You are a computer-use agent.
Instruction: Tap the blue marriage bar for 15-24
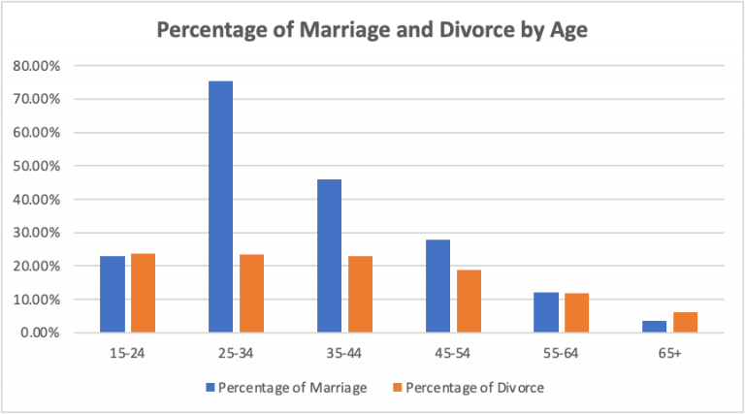[113, 294]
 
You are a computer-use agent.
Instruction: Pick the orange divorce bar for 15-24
[144, 293]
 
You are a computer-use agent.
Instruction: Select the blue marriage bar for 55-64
[546, 312]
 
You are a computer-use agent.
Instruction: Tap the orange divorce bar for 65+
[685, 322]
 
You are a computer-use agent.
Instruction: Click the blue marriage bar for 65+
[655, 326]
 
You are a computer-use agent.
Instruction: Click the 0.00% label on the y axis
[42, 333]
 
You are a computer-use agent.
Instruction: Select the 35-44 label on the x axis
[344, 355]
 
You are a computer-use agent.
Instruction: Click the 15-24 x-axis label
[128, 355]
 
